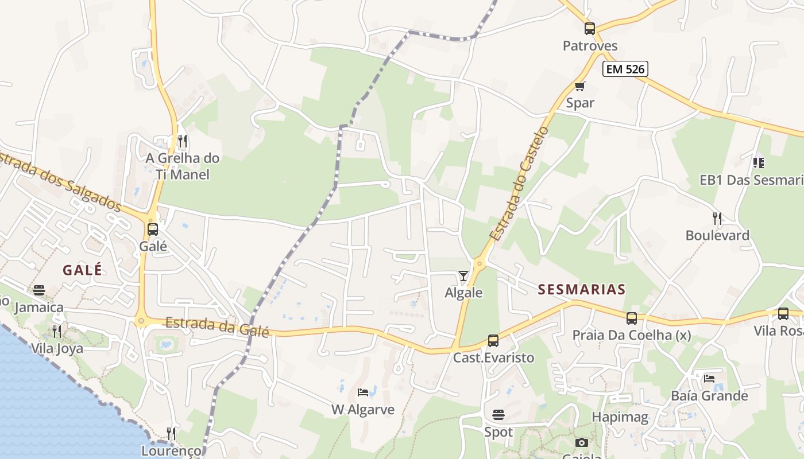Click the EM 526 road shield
[x=625, y=69]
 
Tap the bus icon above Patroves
[x=589, y=28]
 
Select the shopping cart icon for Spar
[x=579, y=87]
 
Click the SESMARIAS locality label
[x=581, y=289]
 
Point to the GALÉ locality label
[x=83, y=270]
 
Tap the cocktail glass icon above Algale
[x=463, y=276]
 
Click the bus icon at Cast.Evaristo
[x=493, y=341]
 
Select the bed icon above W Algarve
[x=363, y=392]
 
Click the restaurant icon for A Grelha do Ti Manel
[x=183, y=141]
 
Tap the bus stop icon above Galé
[x=152, y=229]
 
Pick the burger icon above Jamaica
[x=39, y=290]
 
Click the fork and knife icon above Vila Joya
[x=56, y=331]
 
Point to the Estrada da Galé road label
[x=217, y=326]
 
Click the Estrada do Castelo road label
[x=519, y=184]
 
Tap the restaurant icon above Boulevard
[x=717, y=218]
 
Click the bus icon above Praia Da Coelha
[x=632, y=318]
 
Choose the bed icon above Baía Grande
[x=709, y=379]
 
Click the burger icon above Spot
[x=498, y=414]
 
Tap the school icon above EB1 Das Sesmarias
[x=759, y=163]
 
